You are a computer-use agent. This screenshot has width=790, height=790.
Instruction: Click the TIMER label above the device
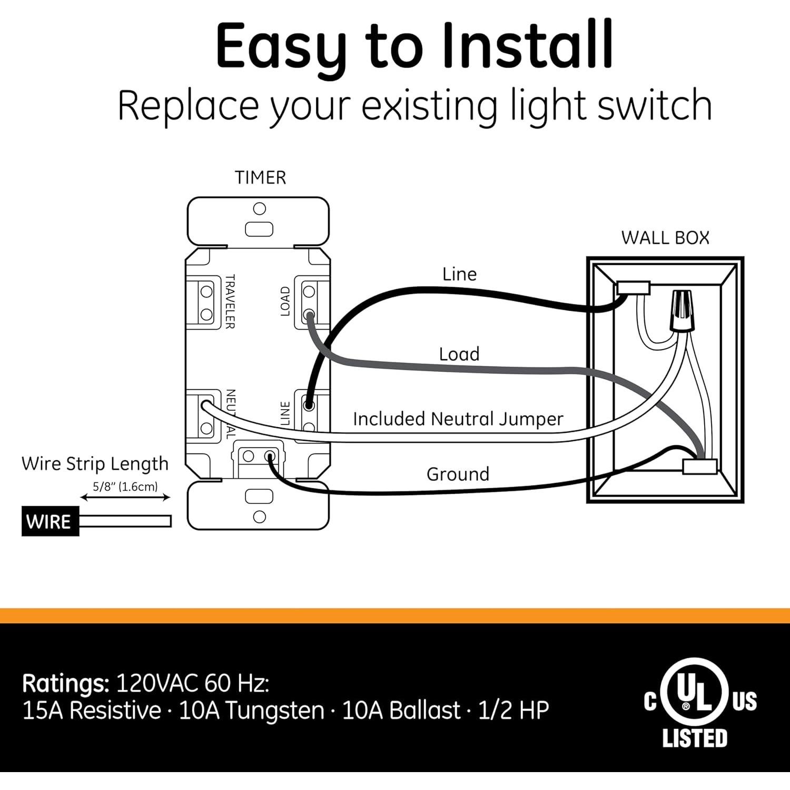click(260, 177)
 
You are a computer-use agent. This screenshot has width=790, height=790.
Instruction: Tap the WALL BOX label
click(665, 238)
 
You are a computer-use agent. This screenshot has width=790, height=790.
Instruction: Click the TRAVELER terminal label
click(230, 301)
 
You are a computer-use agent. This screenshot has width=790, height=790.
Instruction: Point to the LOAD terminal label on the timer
click(285, 301)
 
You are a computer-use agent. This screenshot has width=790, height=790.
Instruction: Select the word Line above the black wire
click(459, 274)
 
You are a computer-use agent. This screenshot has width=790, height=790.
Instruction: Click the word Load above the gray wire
click(459, 354)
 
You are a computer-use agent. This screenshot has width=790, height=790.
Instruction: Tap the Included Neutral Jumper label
click(458, 419)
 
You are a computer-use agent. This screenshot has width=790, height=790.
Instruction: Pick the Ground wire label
click(458, 474)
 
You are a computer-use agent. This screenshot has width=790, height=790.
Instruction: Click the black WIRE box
click(50, 521)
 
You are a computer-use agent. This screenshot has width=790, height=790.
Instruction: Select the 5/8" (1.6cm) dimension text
click(125, 487)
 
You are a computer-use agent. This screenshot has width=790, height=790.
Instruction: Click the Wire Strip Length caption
click(95, 463)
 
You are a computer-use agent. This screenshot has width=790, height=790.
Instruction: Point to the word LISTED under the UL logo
click(695, 738)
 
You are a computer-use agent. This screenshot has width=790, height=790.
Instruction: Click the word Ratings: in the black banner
click(65, 684)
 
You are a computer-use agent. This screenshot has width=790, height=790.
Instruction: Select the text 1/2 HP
click(513, 710)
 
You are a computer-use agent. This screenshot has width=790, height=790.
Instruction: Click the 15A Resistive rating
click(91, 710)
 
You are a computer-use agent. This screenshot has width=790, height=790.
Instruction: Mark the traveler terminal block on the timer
click(204, 302)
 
